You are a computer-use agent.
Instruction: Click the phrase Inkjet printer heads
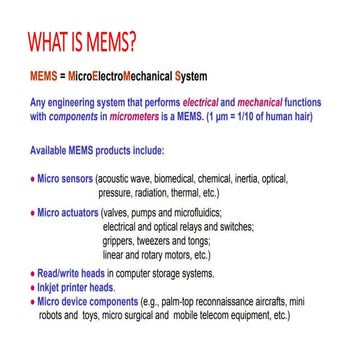(x=76, y=285)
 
